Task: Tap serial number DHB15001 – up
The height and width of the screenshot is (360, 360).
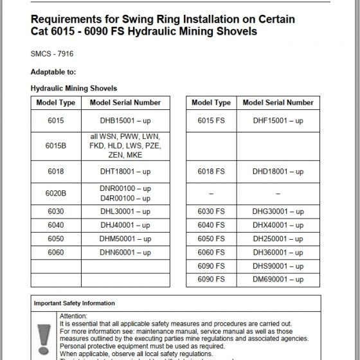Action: coord(125,120)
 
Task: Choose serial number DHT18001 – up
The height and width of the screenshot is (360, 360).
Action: coord(125,172)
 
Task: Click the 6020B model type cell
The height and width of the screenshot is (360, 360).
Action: coord(56,194)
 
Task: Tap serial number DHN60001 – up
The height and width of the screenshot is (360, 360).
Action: coord(125,253)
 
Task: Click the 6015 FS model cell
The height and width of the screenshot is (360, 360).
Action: coord(211,120)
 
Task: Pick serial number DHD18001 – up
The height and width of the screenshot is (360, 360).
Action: coord(278,172)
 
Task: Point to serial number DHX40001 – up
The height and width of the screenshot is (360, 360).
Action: coord(278,226)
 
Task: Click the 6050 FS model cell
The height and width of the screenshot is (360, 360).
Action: coord(211,239)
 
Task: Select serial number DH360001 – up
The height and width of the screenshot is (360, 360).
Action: coord(278,253)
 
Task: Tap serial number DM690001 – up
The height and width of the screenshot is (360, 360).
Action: coord(278,280)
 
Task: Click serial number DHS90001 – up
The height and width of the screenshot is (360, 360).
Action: coord(278,266)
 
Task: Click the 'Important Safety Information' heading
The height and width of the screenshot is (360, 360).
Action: coord(75,303)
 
